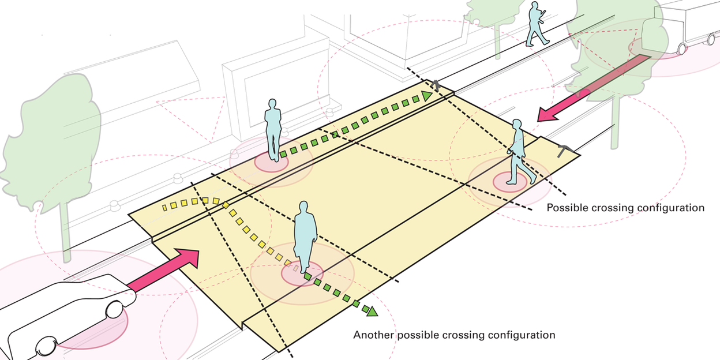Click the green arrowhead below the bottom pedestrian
click(x=372, y=311)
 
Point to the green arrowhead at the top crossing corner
click(x=427, y=96)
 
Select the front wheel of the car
click(x=114, y=310)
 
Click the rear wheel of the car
click(x=47, y=347)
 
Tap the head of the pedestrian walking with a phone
click(x=535, y=6)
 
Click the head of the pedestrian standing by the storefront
click(x=272, y=104)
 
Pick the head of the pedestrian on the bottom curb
click(x=303, y=208)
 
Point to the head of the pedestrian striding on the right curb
click(x=517, y=125)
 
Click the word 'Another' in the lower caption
click(x=373, y=335)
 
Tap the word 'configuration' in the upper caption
click(x=673, y=208)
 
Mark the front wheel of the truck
click(x=681, y=49)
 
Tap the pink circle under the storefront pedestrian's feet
click(x=271, y=163)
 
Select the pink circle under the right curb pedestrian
click(x=510, y=182)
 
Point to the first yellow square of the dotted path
click(x=164, y=208)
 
